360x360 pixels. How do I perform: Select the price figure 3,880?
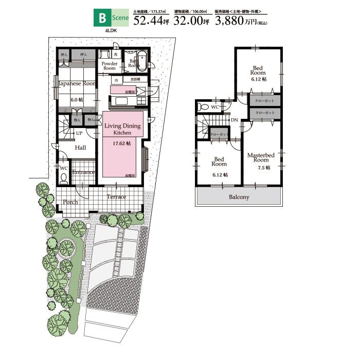pyautogui.click(x=231, y=21)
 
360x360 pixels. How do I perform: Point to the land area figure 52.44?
pyautogui.click(x=148, y=21)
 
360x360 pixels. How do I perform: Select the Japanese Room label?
pyautogui.click(x=77, y=83)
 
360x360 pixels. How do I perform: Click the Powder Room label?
pyautogui.click(x=110, y=66)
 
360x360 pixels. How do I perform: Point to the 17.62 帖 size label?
pyautogui.click(x=122, y=143)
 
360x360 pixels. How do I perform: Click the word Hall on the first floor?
pyautogui.click(x=80, y=148)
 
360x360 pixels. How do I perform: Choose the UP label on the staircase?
pyautogui.click(x=79, y=133)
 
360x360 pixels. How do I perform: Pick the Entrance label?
pyautogui.click(x=83, y=172)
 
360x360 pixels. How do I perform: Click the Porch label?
pyautogui.click(x=70, y=202)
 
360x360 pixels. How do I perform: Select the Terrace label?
pyautogui.click(x=116, y=197)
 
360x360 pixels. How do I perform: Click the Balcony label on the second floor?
pyautogui.click(x=239, y=197)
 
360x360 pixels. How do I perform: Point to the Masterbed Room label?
pyautogui.click(x=260, y=157)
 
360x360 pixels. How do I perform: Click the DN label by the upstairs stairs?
pyautogui.click(x=234, y=120)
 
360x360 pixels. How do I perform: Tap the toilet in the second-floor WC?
pyautogui.click(x=204, y=107)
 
